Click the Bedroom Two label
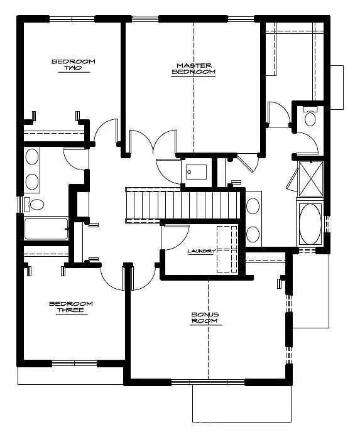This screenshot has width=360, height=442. click(73, 65)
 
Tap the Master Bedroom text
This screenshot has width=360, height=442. click(194, 68)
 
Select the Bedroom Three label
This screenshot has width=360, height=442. click(70, 307)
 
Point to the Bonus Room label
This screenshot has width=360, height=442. click(205, 318)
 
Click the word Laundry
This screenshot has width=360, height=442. click(201, 251)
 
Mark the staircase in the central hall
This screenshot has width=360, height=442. click(183, 205)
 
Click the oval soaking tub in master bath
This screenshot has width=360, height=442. click(309, 225)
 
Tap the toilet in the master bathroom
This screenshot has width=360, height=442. click(309, 117)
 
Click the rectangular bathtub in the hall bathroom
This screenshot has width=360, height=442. click(46, 229)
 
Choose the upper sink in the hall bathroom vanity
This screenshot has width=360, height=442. click(31, 158)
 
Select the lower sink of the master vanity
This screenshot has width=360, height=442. click(253, 234)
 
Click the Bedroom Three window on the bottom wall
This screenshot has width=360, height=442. click(74, 362)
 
